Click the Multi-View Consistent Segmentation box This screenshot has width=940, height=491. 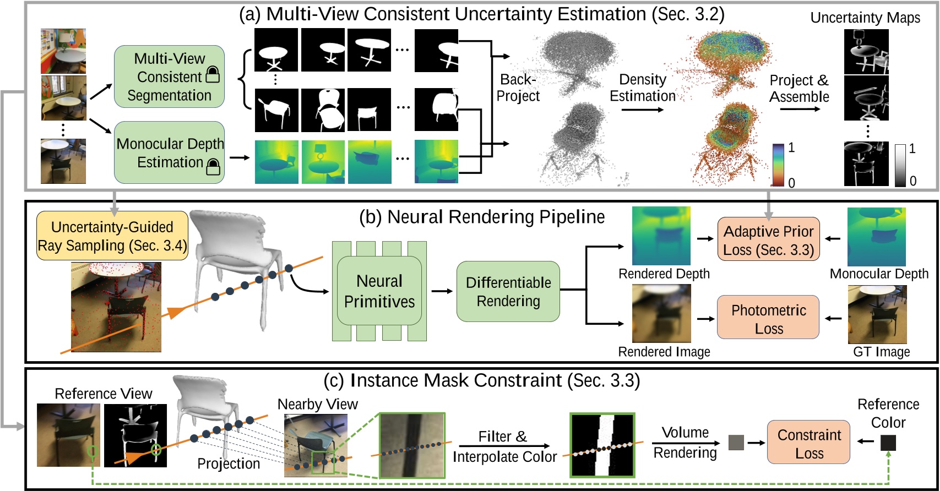point(169,77)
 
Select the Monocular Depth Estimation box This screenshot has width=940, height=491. point(169,152)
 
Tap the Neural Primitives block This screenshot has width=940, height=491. point(379,291)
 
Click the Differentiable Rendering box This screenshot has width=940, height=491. point(508,291)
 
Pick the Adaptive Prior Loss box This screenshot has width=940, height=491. point(768,239)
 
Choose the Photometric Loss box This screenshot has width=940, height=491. point(768,318)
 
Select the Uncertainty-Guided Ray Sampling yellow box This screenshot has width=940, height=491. point(112,236)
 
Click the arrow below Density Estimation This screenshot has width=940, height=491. point(643,110)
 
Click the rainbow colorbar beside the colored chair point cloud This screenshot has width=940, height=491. point(778,165)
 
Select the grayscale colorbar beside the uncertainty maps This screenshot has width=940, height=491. point(900,165)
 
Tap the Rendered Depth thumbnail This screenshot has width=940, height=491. point(661,236)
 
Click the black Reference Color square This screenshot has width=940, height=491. point(888,442)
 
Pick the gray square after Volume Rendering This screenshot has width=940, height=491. point(736,442)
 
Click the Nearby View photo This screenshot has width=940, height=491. point(316,445)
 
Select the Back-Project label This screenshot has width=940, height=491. point(518,88)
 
